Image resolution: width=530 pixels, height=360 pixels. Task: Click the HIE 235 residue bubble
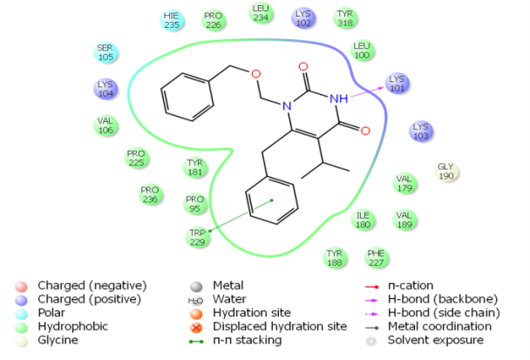point(172,20)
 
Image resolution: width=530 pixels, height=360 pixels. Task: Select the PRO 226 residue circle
point(213,20)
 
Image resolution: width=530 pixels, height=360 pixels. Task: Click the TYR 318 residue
point(345,19)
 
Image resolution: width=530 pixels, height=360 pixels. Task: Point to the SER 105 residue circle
point(105,52)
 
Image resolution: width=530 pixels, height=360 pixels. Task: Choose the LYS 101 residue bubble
point(397,84)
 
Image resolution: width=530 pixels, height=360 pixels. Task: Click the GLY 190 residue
point(445,171)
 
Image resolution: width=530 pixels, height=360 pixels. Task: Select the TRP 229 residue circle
point(199,237)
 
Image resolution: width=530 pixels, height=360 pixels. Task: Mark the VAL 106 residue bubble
point(105,126)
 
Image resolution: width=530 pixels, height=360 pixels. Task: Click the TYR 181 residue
point(195,166)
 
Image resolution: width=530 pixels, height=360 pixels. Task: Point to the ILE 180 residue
point(364,219)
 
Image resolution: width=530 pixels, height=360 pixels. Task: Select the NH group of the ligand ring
point(340,98)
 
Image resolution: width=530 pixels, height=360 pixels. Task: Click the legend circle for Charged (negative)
point(23,285)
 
